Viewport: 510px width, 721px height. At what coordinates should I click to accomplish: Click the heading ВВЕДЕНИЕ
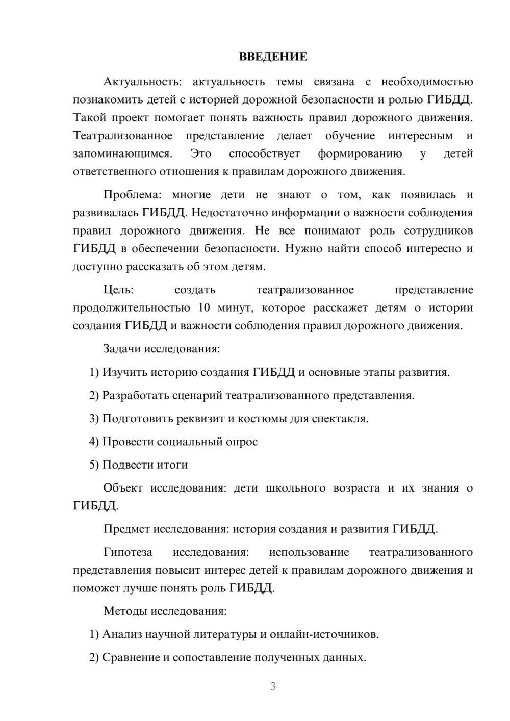[273, 57]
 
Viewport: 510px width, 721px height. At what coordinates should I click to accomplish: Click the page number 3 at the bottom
[273, 686]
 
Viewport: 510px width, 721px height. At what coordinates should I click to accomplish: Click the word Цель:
[118, 290]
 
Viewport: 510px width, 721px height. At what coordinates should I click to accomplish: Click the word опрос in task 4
[242, 442]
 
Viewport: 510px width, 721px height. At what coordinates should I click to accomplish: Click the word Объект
[123, 488]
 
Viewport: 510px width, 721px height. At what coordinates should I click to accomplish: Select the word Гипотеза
[127, 552]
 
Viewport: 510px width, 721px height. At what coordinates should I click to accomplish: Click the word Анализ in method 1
[122, 634]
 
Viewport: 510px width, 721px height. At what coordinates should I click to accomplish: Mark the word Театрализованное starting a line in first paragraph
[123, 136]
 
